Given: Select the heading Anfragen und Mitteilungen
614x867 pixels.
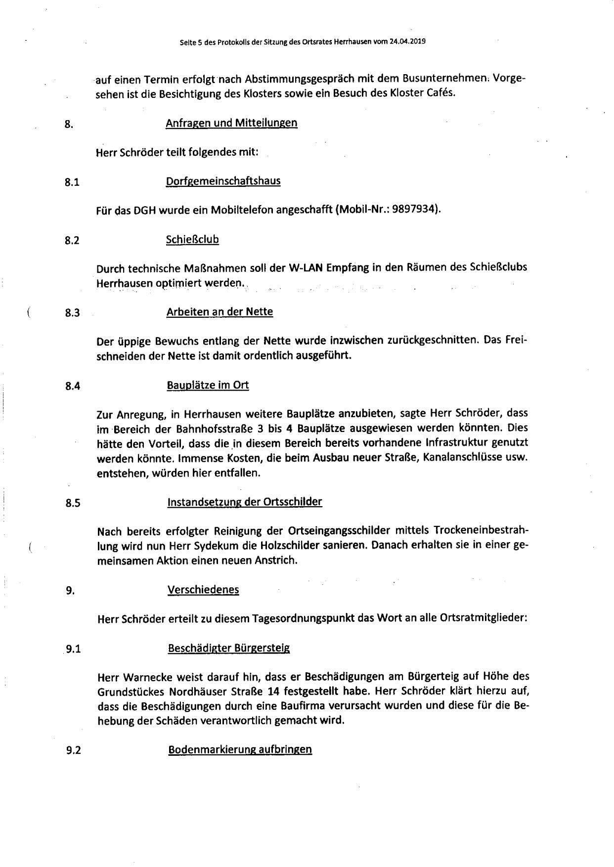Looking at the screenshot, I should [x=231, y=123].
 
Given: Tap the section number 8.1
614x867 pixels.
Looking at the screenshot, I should [x=72, y=182].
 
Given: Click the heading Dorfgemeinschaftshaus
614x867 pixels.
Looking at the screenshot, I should [x=223, y=181].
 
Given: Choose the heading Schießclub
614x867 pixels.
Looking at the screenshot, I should [x=193, y=240].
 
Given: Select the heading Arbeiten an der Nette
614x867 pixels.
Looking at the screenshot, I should [x=220, y=312].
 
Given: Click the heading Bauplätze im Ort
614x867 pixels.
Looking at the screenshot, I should [x=208, y=385].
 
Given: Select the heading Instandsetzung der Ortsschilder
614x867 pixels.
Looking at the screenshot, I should [x=245, y=502].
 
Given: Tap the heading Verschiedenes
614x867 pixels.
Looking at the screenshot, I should [x=203, y=590].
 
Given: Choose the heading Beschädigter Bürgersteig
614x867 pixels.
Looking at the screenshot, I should [x=229, y=648].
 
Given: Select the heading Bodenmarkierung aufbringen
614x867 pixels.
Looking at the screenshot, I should [x=240, y=749].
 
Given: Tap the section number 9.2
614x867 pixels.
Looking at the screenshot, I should [x=73, y=750].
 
